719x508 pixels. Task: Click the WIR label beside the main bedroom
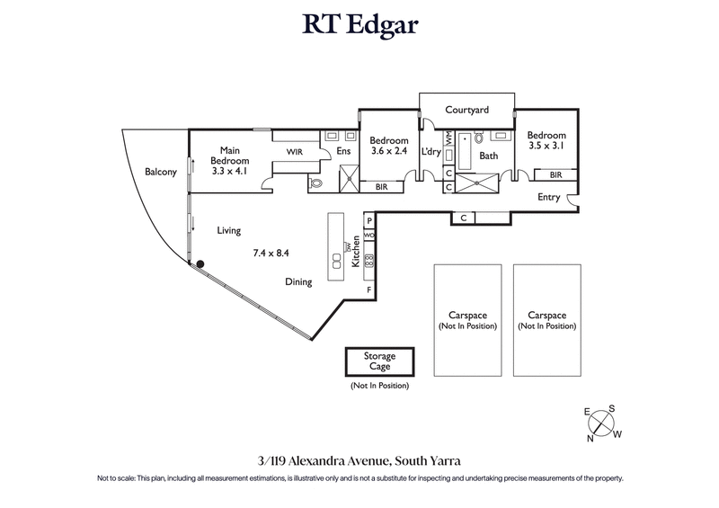(x=294, y=154)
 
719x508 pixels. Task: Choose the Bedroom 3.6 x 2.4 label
(x=388, y=146)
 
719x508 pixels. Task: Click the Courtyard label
(x=466, y=110)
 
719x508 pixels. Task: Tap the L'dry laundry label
(x=431, y=152)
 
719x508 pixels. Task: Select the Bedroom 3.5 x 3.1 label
(x=546, y=140)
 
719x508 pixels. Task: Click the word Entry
(x=548, y=197)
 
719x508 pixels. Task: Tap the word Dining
(x=298, y=281)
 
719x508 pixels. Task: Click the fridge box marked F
(x=368, y=290)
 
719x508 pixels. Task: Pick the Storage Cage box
(x=379, y=362)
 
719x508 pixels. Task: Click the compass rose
(x=601, y=423)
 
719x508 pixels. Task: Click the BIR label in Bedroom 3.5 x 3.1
(x=555, y=174)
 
